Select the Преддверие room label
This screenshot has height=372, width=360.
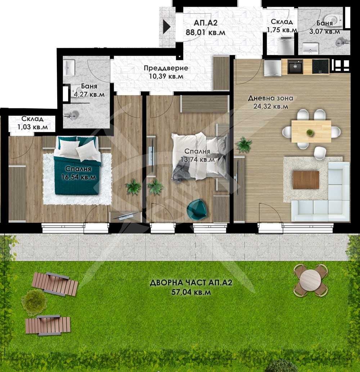coord(166,68)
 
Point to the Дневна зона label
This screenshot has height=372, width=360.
coord(270,98)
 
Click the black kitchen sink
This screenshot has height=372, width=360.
coord(295,67)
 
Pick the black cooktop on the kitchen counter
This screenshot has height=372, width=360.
coord(320,67)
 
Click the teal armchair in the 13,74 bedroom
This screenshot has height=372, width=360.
coord(197,209)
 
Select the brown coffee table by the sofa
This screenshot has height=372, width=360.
coord(306,180)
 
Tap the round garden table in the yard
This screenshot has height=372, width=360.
coord(311,280)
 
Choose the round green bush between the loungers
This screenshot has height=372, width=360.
coord(34,302)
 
